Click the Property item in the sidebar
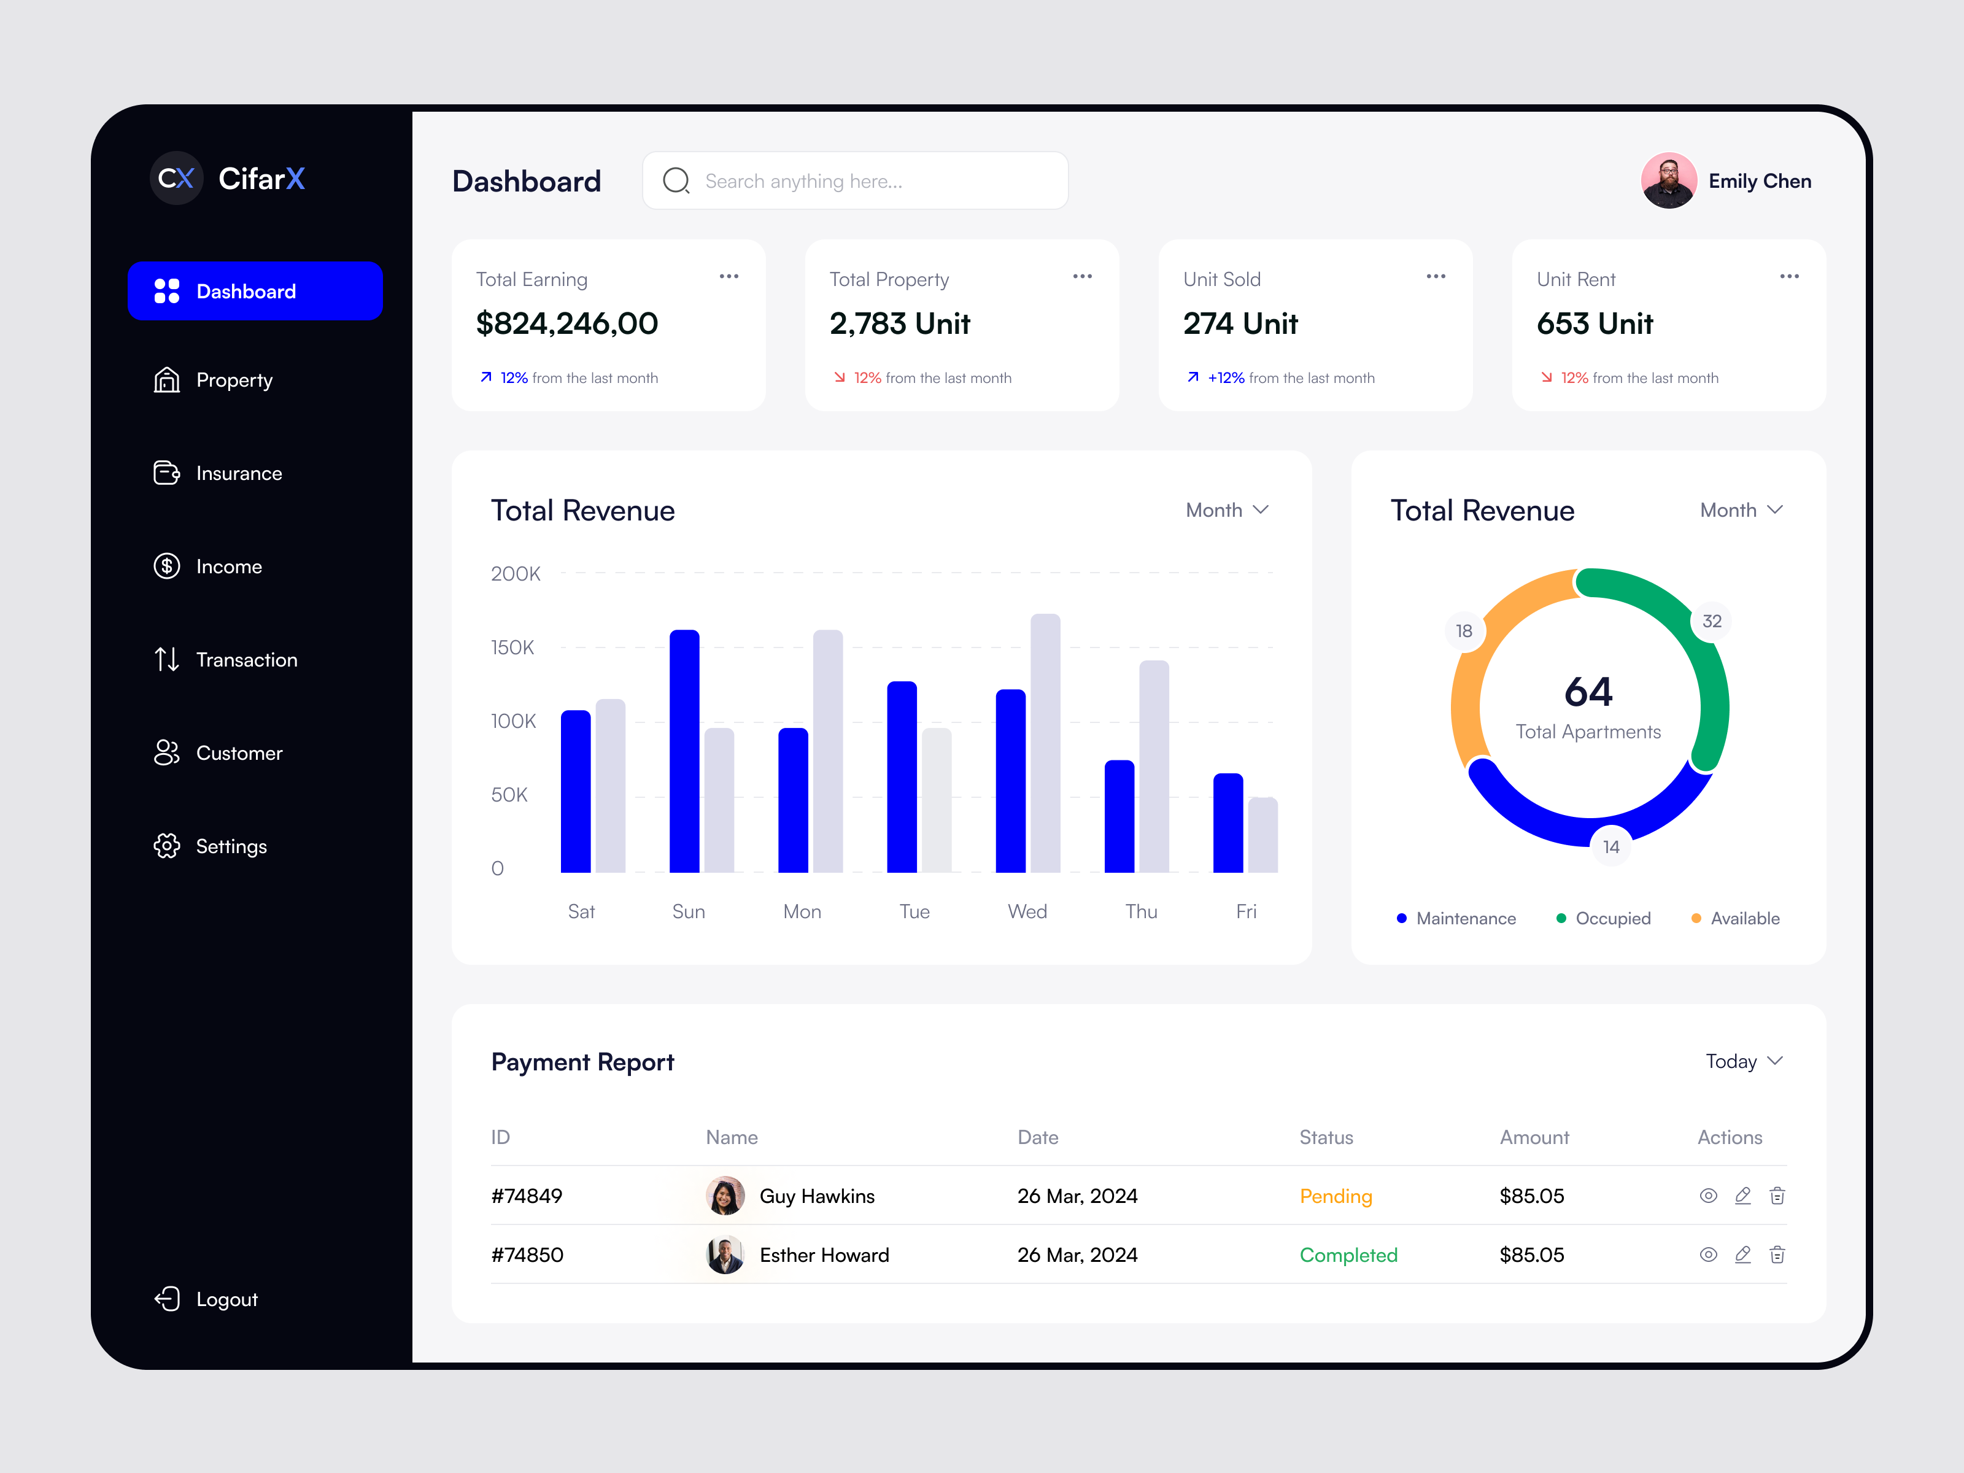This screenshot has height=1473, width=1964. [233, 380]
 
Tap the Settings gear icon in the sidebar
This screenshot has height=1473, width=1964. [167, 846]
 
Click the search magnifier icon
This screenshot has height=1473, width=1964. [676, 181]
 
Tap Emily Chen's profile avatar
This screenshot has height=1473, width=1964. [1668, 181]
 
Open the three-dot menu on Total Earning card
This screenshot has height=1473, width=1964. [729, 277]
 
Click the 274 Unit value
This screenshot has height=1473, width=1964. [1240, 324]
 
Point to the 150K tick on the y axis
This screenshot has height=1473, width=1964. [512, 648]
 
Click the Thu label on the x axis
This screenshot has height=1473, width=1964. [1141, 912]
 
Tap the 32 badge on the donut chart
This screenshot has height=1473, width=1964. [1711, 622]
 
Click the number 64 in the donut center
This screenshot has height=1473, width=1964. [1588, 692]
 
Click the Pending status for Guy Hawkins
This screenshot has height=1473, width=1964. [1336, 1196]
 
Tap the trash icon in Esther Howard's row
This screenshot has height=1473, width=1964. [1777, 1255]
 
